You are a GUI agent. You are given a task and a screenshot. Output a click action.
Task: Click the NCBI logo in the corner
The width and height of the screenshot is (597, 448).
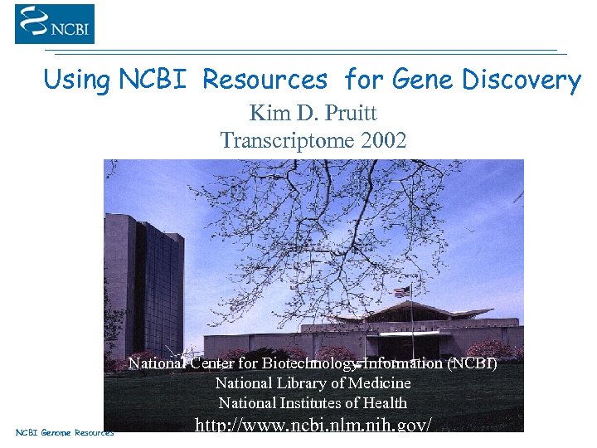click(x=55, y=24)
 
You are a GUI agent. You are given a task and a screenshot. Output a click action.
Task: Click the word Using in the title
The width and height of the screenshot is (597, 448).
click(x=76, y=80)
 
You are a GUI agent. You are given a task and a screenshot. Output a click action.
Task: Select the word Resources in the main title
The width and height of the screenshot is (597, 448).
click(x=265, y=80)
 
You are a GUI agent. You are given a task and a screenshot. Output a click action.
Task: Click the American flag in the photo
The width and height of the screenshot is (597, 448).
click(x=402, y=292)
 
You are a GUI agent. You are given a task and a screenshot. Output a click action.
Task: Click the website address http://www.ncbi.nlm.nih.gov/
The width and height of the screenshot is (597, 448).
click(x=313, y=425)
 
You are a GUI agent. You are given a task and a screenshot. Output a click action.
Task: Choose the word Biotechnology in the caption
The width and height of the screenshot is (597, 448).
click(x=309, y=363)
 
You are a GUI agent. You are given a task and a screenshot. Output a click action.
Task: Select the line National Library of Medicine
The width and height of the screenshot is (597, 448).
click(x=313, y=383)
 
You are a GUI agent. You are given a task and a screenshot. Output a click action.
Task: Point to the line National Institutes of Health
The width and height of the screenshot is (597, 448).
click(x=313, y=403)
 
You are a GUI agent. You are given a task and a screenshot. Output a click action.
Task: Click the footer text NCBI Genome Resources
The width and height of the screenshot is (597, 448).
click(x=65, y=432)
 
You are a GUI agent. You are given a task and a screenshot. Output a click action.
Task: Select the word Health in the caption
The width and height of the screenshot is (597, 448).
click(x=383, y=403)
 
